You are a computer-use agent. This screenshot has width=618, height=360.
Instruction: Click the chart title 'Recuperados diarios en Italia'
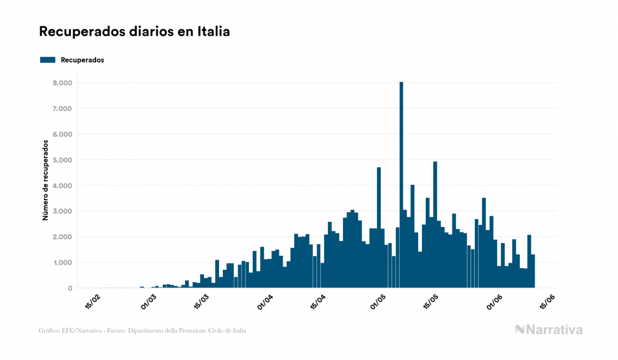pyautogui.click(x=134, y=32)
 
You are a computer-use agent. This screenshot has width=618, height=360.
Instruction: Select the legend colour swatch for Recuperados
pyautogui.click(x=48, y=60)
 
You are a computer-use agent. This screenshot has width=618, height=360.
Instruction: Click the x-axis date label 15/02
pyautogui.click(x=92, y=302)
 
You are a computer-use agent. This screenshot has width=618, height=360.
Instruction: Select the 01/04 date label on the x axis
pyautogui.click(x=265, y=302)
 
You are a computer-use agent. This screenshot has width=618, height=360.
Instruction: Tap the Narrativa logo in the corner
pyautogui.click(x=549, y=330)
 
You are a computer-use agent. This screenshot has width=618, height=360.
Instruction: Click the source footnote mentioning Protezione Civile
pyautogui.click(x=143, y=331)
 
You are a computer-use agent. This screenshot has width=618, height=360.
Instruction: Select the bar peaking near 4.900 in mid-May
pyautogui.click(x=435, y=224)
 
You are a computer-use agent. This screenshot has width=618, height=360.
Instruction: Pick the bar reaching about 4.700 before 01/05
pyautogui.click(x=379, y=228)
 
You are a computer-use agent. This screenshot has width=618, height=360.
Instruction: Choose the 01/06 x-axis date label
pyautogui.click(x=494, y=302)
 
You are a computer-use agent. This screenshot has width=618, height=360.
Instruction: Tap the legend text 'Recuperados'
pyautogui.click(x=82, y=60)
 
